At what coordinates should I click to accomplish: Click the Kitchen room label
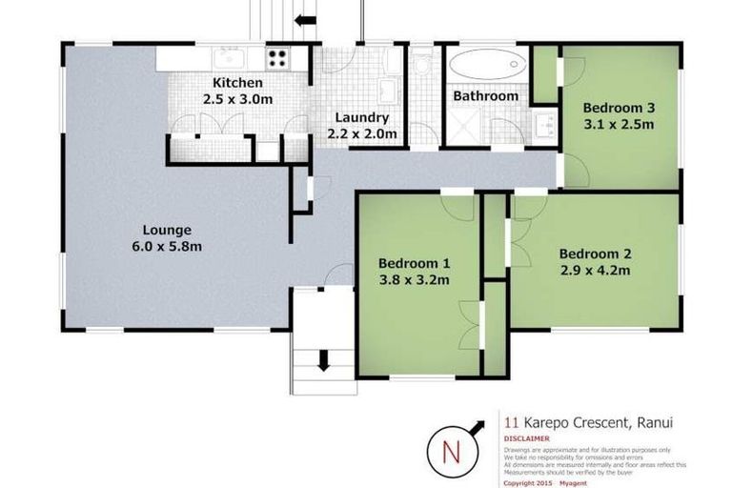click(x=231, y=82)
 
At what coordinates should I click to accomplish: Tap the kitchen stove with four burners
click(x=277, y=58)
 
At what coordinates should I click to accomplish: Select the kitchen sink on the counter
click(x=228, y=57)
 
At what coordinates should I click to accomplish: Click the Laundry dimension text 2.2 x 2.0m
click(x=362, y=134)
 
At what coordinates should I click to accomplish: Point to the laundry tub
click(x=389, y=91)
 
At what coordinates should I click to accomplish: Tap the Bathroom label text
click(x=485, y=96)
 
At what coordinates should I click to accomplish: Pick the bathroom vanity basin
click(x=544, y=124)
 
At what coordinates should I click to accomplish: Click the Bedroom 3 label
click(x=618, y=107)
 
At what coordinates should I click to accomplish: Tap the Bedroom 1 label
click(x=414, y=263)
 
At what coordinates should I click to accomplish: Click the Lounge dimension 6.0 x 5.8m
click(x=168, y=246)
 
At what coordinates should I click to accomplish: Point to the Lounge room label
click(x=168, y=230)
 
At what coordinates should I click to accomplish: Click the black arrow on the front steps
click(x=324, y=360)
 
